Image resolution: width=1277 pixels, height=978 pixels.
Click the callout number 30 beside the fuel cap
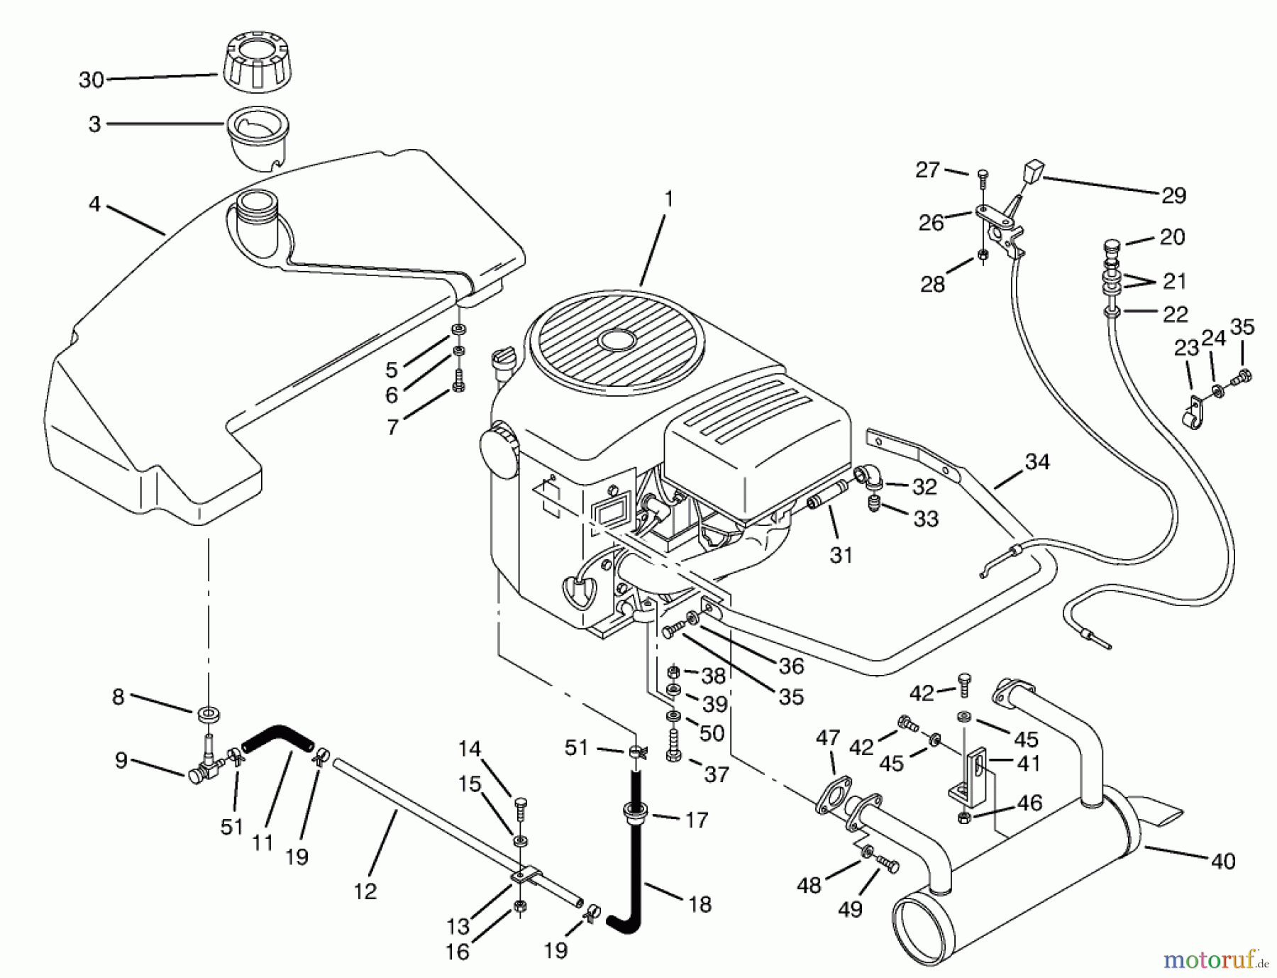point(92,80)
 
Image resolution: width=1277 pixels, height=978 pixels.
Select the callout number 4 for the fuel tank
point(94,204)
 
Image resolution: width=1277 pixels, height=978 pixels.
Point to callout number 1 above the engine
point(668,200)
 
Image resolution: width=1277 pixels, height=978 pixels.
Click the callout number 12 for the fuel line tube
point(365,891)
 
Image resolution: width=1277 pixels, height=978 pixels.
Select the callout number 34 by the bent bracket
point(1036,462)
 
